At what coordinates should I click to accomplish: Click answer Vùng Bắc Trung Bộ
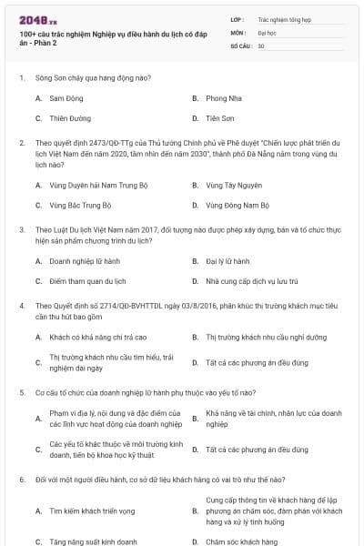[x=80, y=205]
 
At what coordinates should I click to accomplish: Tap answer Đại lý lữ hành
[x=228, y=261]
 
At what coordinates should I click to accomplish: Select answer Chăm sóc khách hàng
[x=242, y=541]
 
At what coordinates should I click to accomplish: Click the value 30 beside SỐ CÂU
[x=261, y=45]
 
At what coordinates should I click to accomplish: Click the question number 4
[x=21, y=306]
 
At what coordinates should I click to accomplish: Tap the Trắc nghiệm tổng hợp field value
[x=283, y=17]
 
